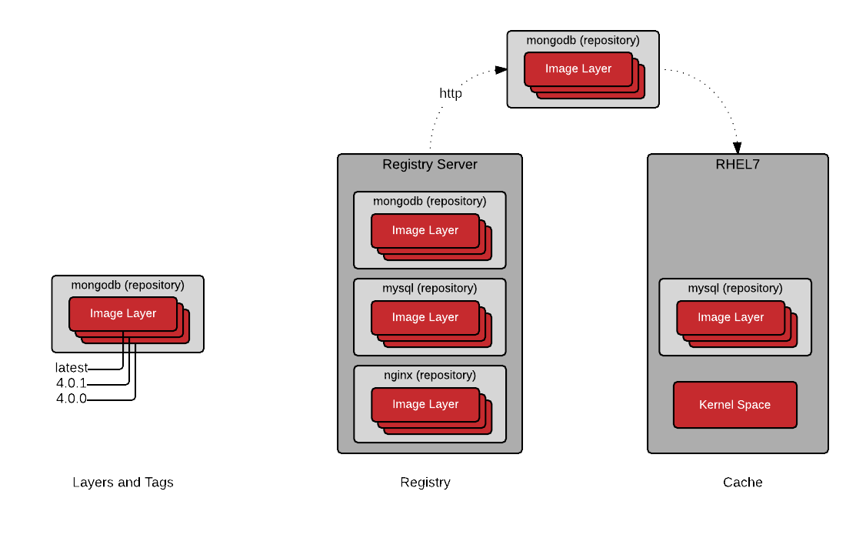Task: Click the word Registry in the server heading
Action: [408, 165]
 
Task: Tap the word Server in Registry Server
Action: [456, 165]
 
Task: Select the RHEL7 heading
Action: [738, 165]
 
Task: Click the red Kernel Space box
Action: [734, 405]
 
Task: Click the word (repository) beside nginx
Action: [446, 375]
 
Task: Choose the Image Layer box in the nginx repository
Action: [425, 404]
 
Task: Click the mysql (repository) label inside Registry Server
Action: [430, 288]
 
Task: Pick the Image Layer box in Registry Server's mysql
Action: [425, 317]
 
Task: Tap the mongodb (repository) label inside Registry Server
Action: [430, 201]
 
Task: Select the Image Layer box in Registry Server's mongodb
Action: [425, 230]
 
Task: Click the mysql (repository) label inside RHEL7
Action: [735, 288]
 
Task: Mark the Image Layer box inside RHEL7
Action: [731, 317]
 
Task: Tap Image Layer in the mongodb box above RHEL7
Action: [578, 69]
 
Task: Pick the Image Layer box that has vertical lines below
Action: [123, 313]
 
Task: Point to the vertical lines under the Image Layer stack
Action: [129, 347]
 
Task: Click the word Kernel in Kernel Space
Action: [715, 405]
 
